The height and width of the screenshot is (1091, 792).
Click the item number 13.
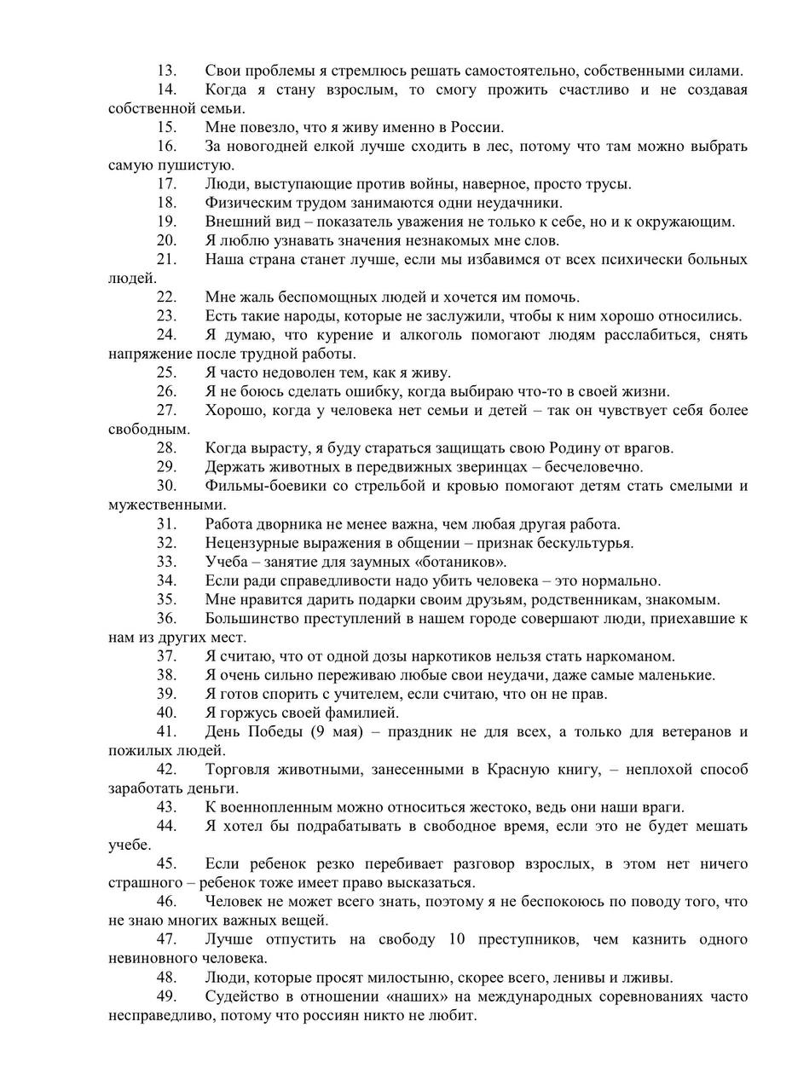tap(166, 71)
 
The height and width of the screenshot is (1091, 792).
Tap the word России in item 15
tap(476, 128)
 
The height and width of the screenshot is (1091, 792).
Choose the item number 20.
tap(166, 240)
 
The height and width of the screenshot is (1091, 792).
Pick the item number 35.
tap(166, 599)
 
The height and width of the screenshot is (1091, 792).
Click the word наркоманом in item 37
tap(630, 656)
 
